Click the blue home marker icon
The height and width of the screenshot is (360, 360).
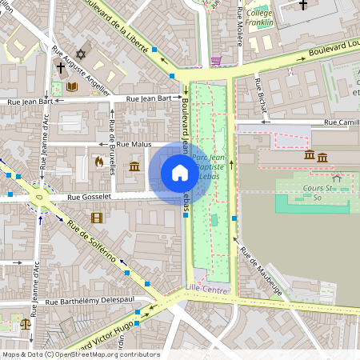(180, 172)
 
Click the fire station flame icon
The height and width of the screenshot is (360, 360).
(98, 162)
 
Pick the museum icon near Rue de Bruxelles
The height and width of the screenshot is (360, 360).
(134, 167)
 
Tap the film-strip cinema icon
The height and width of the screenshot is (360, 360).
(97, 218)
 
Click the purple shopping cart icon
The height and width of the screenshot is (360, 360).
(216, 60)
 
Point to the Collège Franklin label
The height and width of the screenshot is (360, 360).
(259, 18)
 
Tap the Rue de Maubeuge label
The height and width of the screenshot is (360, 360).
(261, 273)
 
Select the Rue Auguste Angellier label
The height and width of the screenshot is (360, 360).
(79, 70)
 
